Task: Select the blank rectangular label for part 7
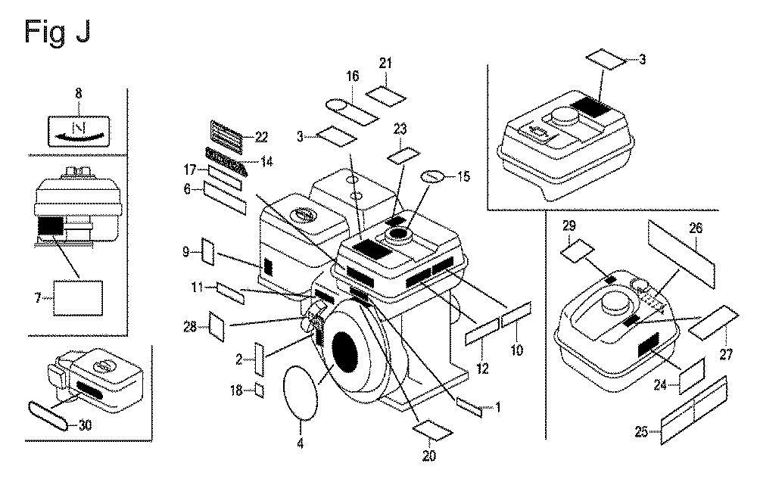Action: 78,299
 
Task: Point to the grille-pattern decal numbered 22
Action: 224,136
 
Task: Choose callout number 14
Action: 266,160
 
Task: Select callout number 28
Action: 190,328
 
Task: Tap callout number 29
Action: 570,226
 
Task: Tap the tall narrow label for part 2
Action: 259,358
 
